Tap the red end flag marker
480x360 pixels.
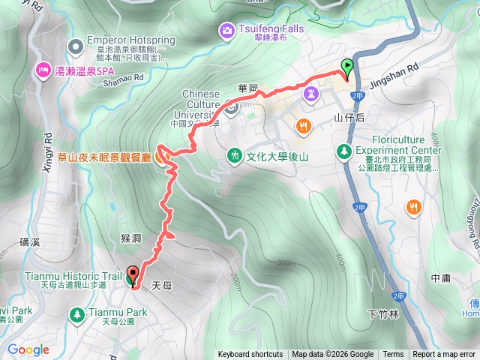point(134,275)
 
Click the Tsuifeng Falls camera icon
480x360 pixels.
point(226,30)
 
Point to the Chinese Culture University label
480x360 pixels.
point(201,105)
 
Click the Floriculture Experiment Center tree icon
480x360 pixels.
point(344,151)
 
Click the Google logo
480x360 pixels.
point(28,349)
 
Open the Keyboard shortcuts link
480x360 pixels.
point(250,355)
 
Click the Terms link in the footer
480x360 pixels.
point(393,355)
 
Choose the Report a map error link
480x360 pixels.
point(444,355)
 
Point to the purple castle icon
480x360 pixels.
point(313,93)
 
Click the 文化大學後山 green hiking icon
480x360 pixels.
point(235,155)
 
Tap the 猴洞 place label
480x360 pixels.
point(130,238)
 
